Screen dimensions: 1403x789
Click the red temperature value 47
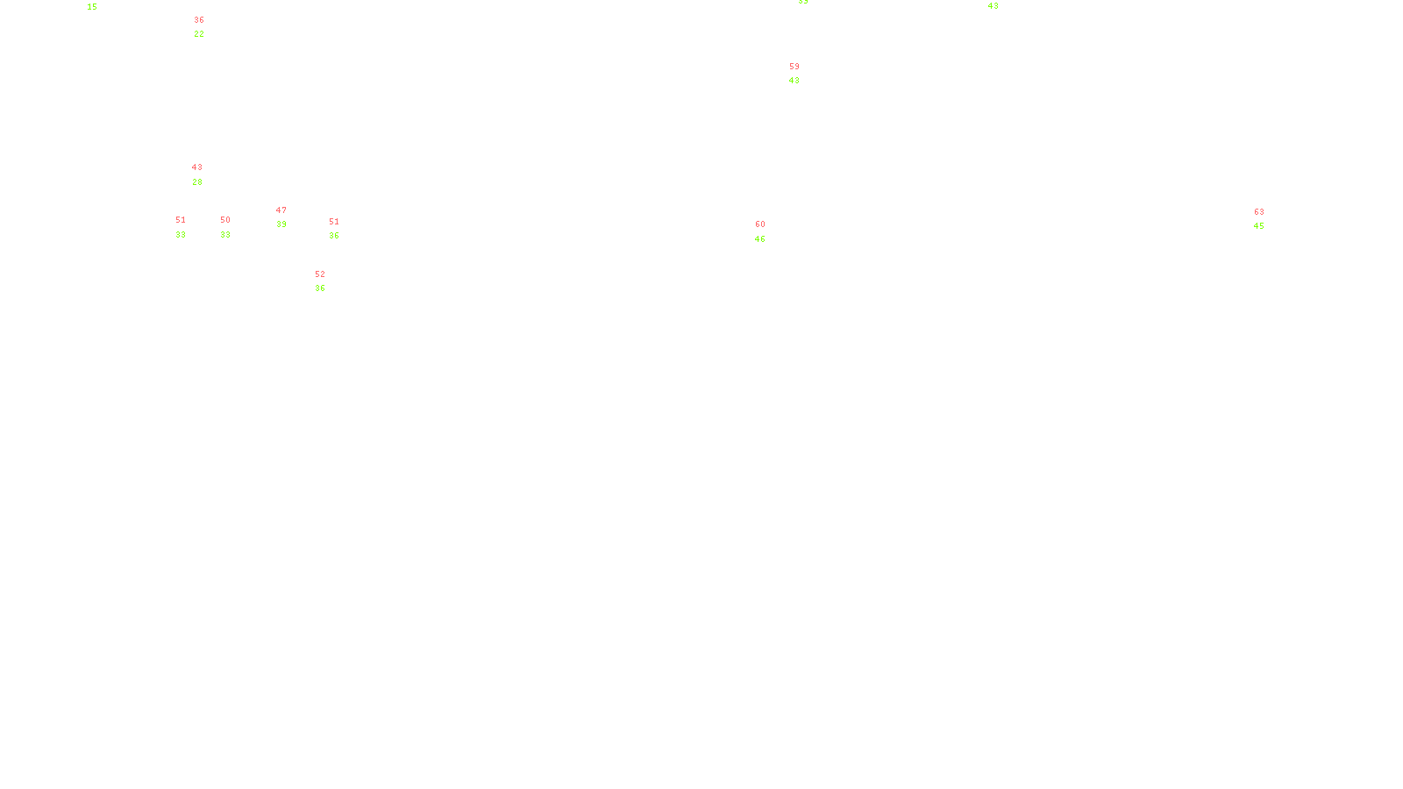point(281,210)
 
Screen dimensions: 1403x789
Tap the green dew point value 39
point(281,224)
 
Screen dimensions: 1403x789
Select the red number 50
point(224,220)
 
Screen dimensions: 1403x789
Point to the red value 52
point(319,274)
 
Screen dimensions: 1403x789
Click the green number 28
point(197,182)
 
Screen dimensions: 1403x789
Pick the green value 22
point(199,34)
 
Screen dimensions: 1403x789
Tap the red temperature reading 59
point(794,67)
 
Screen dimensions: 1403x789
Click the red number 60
point(759,224)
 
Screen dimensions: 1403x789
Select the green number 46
point(759,239)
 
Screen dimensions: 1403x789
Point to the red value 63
point(1258,212)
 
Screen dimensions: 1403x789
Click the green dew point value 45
point(1258,226)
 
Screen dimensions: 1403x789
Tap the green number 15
point(92,7)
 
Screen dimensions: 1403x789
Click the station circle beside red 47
point(289,217)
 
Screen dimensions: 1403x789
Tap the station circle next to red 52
point(328,281)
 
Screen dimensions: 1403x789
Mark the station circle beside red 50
point(234,227)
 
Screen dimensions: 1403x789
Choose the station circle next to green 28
point(206,175)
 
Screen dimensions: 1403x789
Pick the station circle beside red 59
point(802,74)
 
